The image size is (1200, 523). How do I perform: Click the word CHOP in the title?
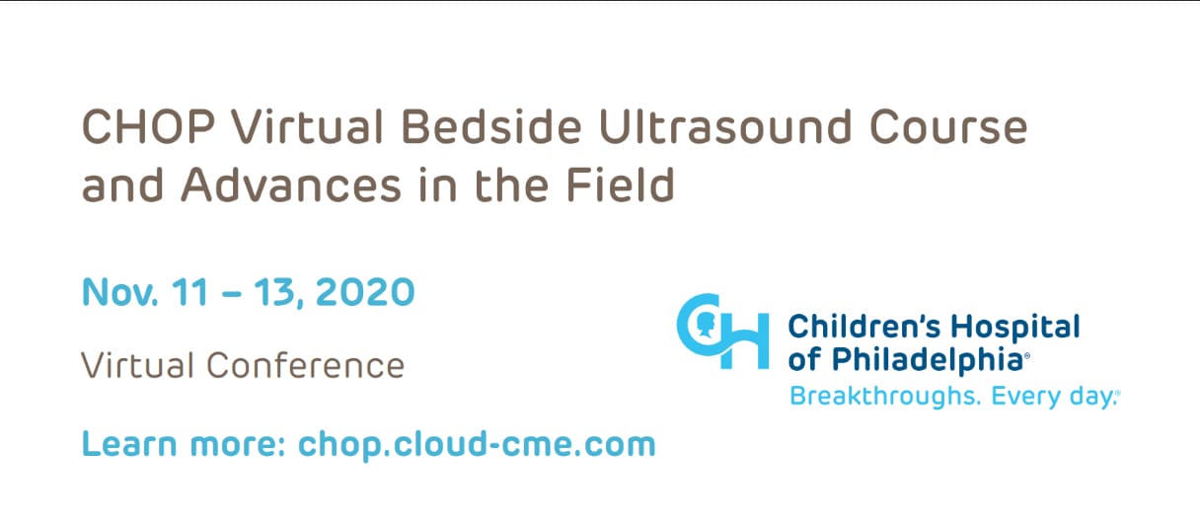(148, 127)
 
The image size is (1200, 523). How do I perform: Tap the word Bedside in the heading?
(491, 127)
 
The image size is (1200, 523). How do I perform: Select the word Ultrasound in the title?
(724, 127)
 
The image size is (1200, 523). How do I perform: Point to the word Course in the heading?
(948, 127)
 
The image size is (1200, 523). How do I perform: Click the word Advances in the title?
(291, 185)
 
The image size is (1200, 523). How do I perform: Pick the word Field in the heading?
(621, 185)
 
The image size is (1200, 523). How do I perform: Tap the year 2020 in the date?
(365, 292)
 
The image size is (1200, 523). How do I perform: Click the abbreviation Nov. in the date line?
(120, 292)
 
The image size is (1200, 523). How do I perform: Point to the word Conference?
(305, 365)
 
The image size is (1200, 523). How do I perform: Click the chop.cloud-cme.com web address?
(477, 444)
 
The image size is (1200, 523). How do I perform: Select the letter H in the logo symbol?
(745, 341)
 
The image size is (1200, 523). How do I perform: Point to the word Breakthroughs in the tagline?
(885, 397)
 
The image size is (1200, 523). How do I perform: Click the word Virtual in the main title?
(308, 127)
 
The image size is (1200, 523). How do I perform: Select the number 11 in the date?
(189, 292)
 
